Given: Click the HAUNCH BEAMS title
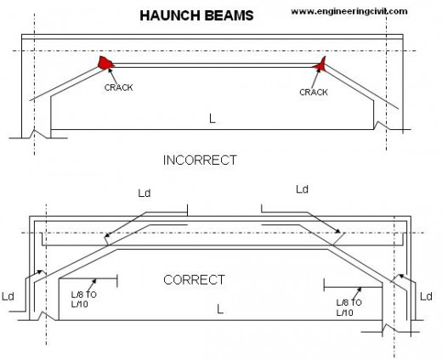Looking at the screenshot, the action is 196,15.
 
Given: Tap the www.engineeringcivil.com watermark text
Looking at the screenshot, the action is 349,12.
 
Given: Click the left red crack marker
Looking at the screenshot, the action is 105,63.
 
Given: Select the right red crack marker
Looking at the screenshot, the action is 320,65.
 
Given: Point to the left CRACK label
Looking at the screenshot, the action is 118,87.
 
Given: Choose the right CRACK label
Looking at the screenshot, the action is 314,93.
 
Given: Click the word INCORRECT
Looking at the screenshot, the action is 200,160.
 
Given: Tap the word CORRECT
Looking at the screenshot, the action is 194,280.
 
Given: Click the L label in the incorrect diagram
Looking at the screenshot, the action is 212,119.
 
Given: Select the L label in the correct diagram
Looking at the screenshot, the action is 220,309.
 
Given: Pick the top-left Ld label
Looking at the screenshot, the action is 144,194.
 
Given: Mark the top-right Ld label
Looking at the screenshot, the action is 302,189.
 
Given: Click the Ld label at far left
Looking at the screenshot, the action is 8,296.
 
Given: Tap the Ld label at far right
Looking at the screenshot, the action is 426,296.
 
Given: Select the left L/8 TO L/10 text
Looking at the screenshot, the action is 83,300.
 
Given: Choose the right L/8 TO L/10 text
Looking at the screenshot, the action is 349,307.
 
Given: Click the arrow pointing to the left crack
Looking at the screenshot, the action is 113,76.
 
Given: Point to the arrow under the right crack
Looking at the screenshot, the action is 315,78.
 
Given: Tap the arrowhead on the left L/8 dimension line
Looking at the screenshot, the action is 94,281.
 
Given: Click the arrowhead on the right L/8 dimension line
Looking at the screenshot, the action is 360,290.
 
